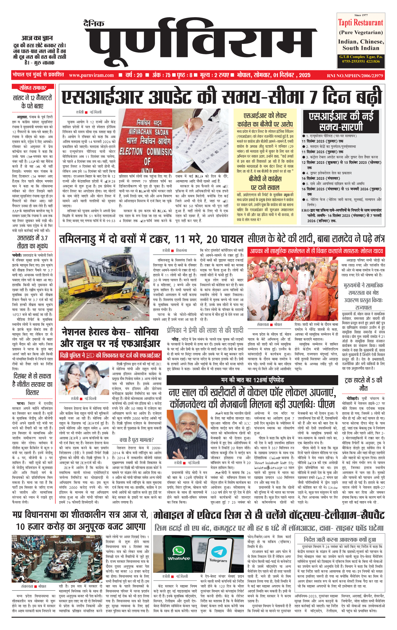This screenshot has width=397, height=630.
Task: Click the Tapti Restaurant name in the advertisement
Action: (360, 23)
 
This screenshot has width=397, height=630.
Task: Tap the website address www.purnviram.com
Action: (91, 75)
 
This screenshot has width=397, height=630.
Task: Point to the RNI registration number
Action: (355, 76)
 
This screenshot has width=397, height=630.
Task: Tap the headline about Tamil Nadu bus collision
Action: (151, 239)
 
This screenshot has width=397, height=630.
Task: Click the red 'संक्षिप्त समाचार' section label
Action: (33, 88)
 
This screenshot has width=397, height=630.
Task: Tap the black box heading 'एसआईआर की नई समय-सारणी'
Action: (341, 121)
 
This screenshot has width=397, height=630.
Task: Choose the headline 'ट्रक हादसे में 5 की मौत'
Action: (363, 384)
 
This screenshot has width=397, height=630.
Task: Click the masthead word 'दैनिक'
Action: (94, 24)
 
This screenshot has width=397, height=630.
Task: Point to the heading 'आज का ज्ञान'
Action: (37, 38)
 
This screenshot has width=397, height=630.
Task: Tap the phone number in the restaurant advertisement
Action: (361, 61)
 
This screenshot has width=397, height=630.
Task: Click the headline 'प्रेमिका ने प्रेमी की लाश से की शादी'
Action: (205, 330)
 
